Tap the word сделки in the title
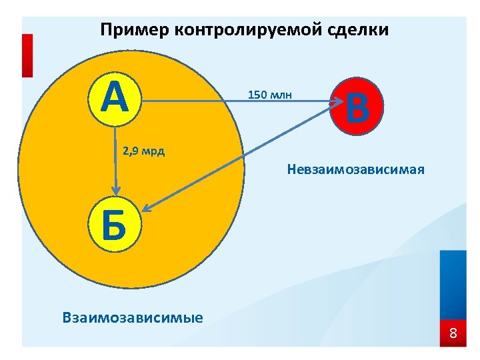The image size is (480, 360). click(359, 30)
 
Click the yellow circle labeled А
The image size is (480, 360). click(115, 101)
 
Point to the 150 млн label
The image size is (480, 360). click(270, 95)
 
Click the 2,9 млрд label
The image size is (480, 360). click(144, 151)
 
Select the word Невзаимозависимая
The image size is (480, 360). click(355, 169)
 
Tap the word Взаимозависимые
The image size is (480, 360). click(133, 317)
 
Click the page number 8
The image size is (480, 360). click(453, 333)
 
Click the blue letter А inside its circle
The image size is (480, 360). click(115, 100)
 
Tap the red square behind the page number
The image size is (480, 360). click(453, 333)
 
